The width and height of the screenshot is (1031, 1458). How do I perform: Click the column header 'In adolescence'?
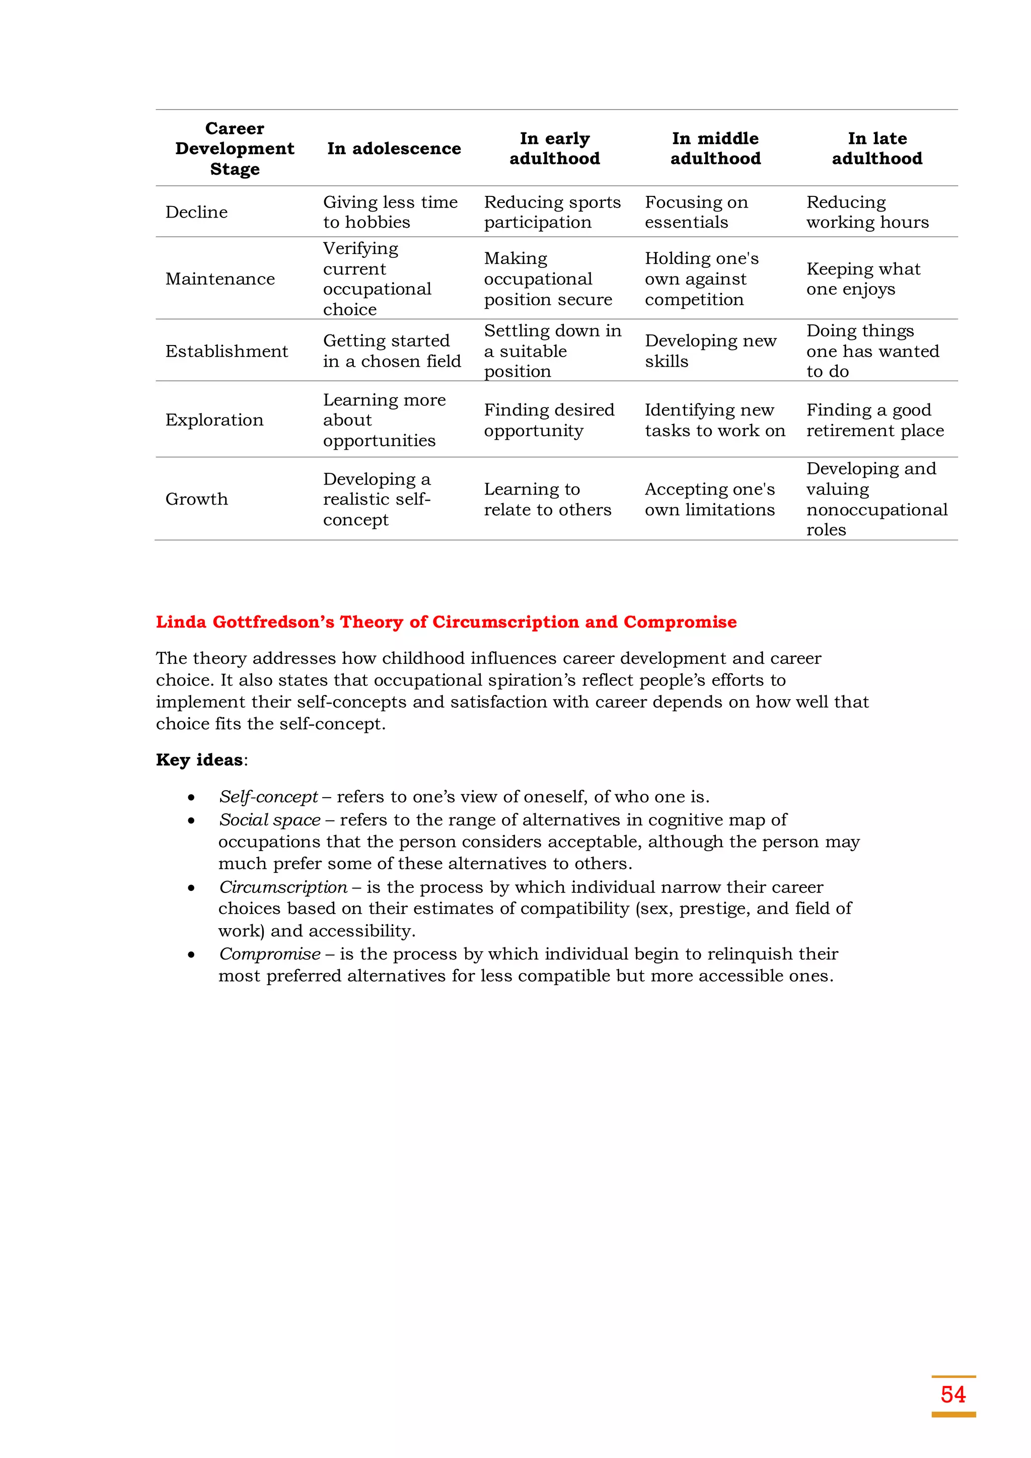pos(394,149)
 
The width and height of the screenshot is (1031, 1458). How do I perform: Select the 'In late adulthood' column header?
pos(877,149)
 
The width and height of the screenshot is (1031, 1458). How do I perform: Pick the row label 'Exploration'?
pos(214,420)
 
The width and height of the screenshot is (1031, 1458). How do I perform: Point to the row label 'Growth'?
pos(196,499)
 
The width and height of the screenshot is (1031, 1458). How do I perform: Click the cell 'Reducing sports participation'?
pos(552,212)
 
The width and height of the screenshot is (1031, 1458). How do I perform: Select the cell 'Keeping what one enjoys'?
pos(863,279)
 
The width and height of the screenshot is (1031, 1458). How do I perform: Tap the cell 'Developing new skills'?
pos(710,351)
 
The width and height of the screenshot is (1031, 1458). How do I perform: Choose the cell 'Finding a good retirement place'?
pos(874,420)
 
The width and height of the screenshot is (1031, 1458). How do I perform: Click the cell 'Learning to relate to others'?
pos(547,499)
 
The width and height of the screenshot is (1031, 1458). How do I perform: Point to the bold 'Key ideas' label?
pos(199,760)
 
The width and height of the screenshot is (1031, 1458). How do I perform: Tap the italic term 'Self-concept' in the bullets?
pos(268,797)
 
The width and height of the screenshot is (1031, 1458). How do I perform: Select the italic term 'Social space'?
pos(269,820)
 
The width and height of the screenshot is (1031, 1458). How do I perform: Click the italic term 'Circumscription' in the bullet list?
pos(283,887)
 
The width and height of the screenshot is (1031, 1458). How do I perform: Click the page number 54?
pos(952,1395)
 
